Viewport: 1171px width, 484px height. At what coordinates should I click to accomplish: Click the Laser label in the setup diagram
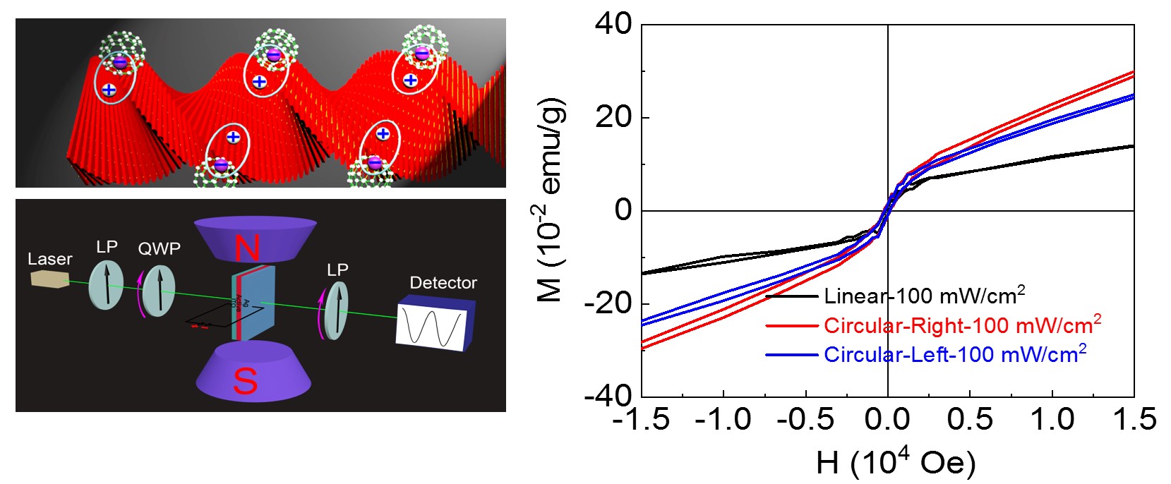pyautogui.click(x=49, y=259)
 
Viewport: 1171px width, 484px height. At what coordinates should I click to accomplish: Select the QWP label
pyautogui.click(x=159, y=248)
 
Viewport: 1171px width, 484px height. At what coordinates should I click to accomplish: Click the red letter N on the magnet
pyautogui.click(x=246, y=248)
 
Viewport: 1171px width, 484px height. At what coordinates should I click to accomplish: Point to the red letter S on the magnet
pyautogui.click(x=245, y=382)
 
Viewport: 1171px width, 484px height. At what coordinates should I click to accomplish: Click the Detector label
pyautogui.click(x=443, y=283)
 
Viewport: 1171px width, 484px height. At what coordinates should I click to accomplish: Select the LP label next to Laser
pyautogui.click(x=107, y=246)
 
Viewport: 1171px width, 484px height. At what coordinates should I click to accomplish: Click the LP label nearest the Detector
pyautogui.click(x=337, y=270)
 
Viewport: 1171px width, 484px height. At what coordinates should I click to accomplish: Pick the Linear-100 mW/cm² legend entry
pyautogui.click(x=924, y=296)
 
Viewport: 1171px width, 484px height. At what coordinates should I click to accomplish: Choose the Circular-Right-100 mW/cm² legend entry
pyautogui.click(x=962, y=325)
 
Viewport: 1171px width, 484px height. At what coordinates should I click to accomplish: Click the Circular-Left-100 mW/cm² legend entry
pyautogui.click(x=954, y=354)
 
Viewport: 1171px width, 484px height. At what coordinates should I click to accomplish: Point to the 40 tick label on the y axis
pyautogui.click(x=613, y=24)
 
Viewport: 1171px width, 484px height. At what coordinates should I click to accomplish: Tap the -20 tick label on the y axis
pyautogui.click(x=608, y=303)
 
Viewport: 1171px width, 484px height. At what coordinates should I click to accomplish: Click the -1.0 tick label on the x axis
pyautogui.click(x=723, y=419)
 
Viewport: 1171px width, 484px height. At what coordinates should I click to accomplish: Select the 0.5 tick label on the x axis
pyautogui.click(x=970, y=419)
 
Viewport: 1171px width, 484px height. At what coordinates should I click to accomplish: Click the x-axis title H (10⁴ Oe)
pyautogui.click(x=896, y=463)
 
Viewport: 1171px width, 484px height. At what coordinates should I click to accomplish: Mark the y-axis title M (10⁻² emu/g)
pyautogui.click(x=551, y=200)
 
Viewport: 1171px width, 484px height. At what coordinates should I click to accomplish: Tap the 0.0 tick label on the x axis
pyautogui.click(x=887, y=419)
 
